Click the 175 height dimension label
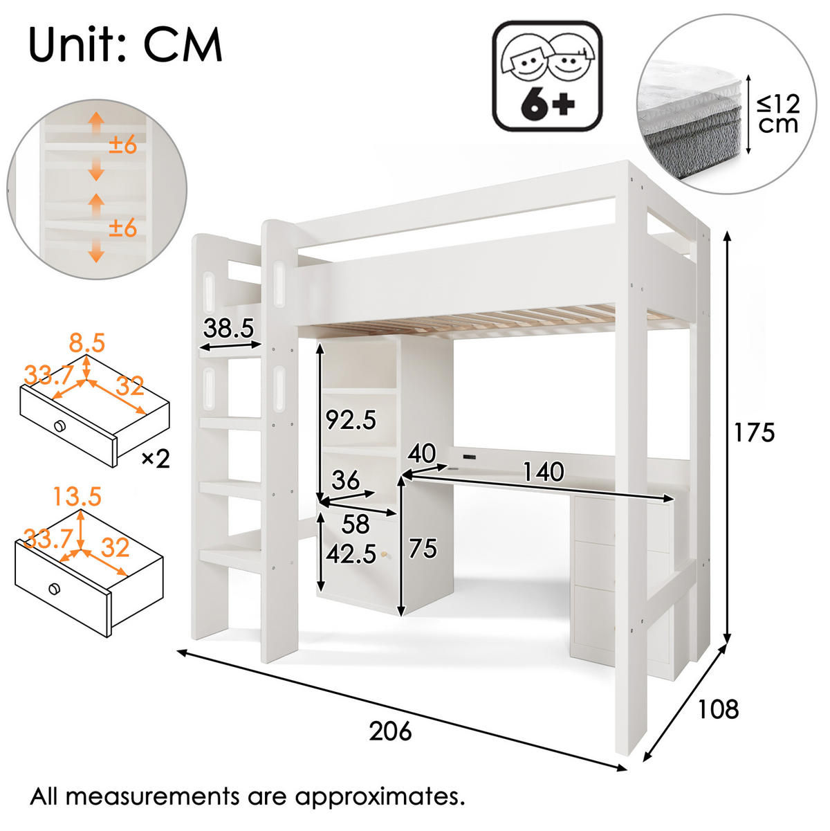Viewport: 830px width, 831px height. pyautogui.click(x=754, y=432)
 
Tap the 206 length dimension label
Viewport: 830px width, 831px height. pyautogui.click(x=390, y=731)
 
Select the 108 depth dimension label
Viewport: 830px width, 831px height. pyautogui.click(x=718, y=709)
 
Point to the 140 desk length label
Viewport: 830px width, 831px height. pyautogui.click(x=543, y=471)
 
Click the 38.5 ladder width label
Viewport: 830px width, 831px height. pyautogui.click(x=228, y=328)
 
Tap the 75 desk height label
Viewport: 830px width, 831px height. pyautogui.click(x=423, y=549)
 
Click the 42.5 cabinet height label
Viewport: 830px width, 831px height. pyautogui.click(x=351, y=554)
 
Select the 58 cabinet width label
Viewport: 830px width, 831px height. pyautogui.click(x=356, y=524)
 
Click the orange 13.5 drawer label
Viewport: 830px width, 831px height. pyautogui.click(x=77, y=496)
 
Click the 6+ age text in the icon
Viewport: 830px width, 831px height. pyautogui.click(x=548, y=104)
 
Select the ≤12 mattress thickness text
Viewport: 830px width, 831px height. pyautogui.click(x=778, y=104)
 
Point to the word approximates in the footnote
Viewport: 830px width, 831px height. pyautogui.click(x=380, y=796)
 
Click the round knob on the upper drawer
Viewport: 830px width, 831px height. pyautogui.click(x=59, y=426)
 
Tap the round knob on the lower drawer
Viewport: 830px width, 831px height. pyautogui.click(x=55, y=589)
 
